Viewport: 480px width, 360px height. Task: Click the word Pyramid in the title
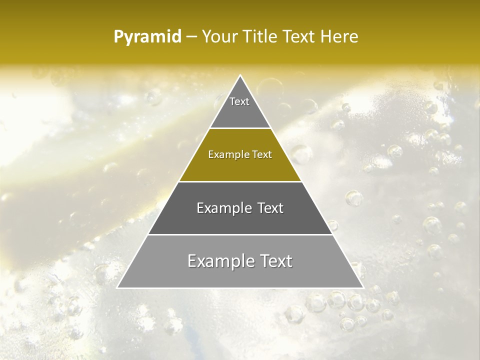147,37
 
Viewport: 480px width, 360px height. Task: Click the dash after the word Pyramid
191,37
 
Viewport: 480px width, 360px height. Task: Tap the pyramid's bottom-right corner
363,287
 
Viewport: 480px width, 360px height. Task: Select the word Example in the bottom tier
220,261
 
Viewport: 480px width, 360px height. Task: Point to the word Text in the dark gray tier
270,208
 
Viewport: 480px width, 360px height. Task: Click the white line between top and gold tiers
240,128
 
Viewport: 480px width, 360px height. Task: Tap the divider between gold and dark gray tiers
240,181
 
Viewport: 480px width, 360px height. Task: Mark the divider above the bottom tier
240,234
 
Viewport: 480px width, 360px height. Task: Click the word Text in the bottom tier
274,261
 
